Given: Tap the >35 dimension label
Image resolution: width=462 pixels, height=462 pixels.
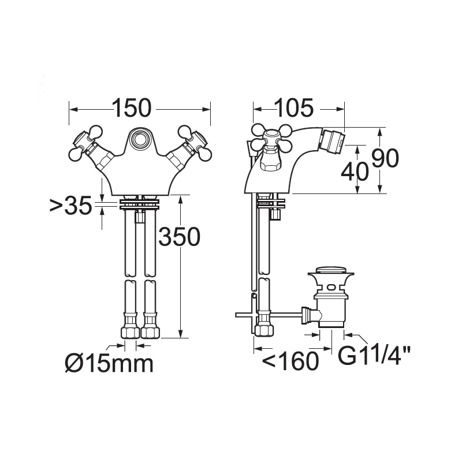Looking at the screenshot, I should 71,206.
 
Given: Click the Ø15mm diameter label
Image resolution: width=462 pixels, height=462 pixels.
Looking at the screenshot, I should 109,363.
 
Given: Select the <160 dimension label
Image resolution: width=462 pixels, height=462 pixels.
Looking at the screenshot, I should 291,361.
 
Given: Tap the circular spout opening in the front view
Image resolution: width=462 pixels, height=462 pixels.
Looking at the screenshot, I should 140,140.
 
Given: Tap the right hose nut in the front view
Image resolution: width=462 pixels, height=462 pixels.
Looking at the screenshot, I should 150,333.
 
